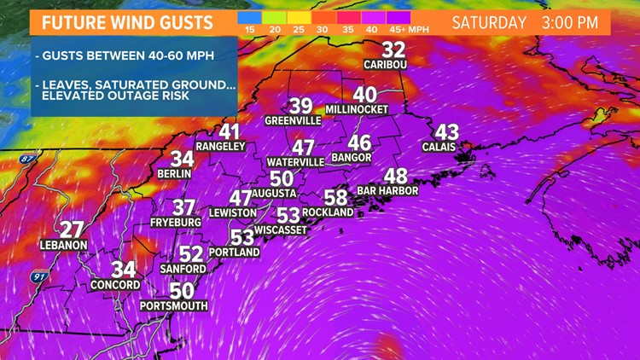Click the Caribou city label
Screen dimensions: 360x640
(x=384, y=65)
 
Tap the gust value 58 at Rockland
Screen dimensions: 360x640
(x=335, y=197)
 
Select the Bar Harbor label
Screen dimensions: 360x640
(x=387, y=191)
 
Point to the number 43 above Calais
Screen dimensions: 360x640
(x=446, y=132)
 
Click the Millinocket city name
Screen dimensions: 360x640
(x=357, y=110)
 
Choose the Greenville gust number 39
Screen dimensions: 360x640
(x=300, y=106)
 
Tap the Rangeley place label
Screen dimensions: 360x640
(x=220, y=147)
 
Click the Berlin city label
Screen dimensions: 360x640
(x=174, y=173)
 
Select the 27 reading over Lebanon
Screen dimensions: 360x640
(x=72, y=229)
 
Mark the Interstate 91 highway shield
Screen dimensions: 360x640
(x=38, y=277)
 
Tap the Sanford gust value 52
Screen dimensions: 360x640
(x=191, y=253)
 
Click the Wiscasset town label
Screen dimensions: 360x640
(x=281, y=230)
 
